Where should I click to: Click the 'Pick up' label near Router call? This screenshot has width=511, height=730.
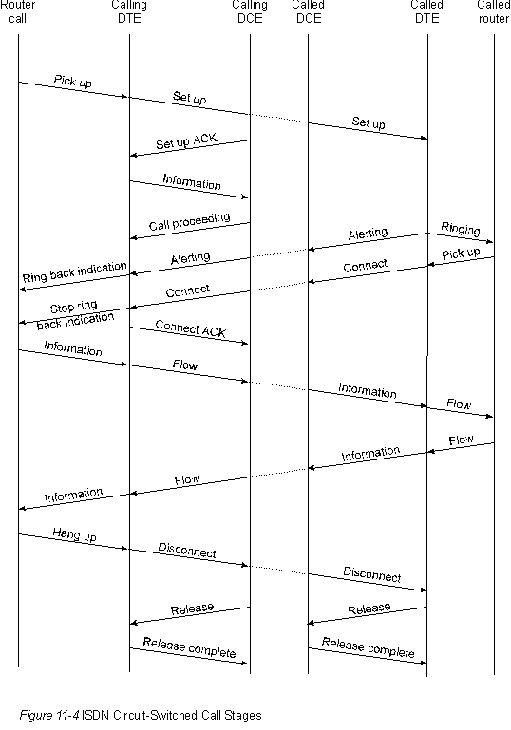(73, 81)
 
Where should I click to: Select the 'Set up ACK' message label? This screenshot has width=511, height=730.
(186, 140)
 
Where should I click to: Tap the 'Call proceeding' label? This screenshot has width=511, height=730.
(189, 221)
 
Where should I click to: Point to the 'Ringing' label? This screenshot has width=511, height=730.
(461, 228)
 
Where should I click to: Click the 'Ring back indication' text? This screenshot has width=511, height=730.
(74, 271)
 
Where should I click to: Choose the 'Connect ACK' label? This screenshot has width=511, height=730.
(190, 328)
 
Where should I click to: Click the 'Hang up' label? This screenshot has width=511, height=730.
(74, 534)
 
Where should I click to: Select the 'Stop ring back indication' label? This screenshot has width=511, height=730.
(75, 315)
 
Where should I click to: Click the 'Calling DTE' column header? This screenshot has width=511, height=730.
(129, 12)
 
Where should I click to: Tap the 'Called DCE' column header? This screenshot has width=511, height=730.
(309, 12)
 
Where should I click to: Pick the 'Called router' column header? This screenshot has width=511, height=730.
(494, 12)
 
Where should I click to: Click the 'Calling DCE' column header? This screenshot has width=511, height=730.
(250, 12)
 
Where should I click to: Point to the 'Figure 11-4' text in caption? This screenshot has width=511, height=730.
(49, 715)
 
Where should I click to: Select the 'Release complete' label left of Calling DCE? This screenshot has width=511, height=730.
(189, 647)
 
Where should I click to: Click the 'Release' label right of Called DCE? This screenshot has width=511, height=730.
(369, 608)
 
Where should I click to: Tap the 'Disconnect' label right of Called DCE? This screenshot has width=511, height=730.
(371, 574)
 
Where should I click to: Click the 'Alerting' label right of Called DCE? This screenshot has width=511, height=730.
(368, 234)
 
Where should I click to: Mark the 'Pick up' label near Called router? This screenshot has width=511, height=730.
(461, 253)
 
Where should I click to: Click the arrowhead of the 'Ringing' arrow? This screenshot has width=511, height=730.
(491, 242)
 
